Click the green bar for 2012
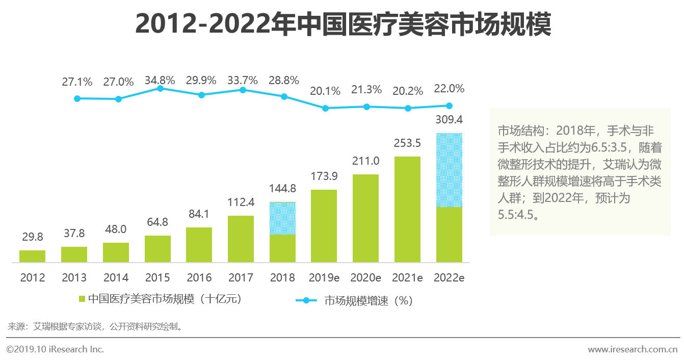[32, 256]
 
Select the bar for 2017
[241, 239]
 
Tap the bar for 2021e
[407, 209]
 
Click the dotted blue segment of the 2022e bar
[449, 170]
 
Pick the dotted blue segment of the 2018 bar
[282, 218]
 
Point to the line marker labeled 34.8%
[160, 88]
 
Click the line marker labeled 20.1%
[325, 108]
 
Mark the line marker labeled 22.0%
[449, 106]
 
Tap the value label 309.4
[449, 120]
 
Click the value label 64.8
[157, 222]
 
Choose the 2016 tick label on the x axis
[199, 278]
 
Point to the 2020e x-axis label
[366, 278]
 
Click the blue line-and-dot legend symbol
[306, 300]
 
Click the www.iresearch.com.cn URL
[632, 349]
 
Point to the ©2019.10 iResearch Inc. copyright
[55, 349]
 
